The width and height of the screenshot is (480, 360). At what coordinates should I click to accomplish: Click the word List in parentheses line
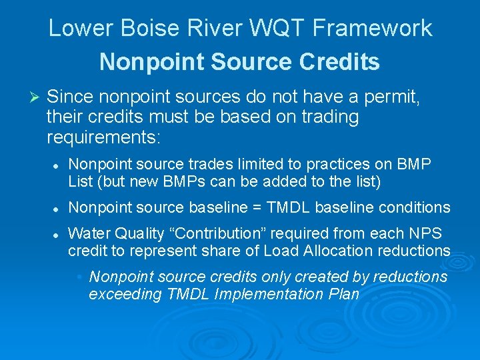(x=81, y=181)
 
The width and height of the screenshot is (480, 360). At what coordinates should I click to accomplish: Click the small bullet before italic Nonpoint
(x=79, y=277)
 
